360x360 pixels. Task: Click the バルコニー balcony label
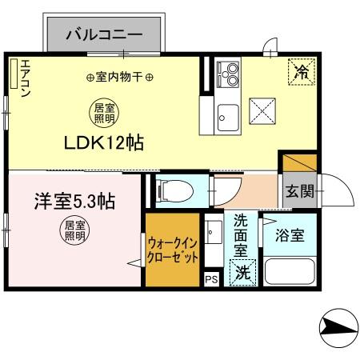(104, 34)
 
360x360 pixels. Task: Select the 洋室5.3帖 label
(74, 200)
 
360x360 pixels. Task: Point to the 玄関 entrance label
(301, 192)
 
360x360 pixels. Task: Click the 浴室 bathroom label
(290, 236)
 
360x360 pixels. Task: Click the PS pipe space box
(211, 279)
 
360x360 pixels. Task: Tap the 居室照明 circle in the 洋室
(74, 230)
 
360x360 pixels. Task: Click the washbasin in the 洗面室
(213, 234)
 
